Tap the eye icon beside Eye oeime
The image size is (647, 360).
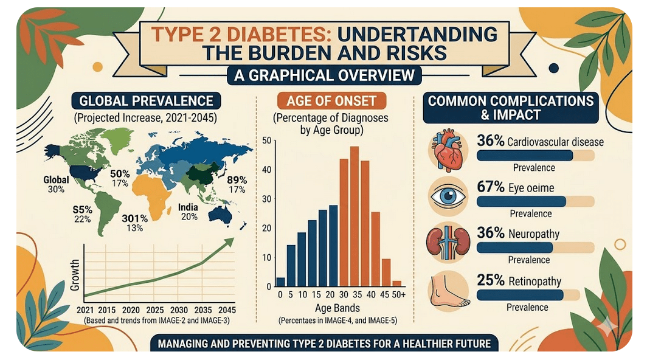point(448,196)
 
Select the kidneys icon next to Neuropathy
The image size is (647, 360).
point(448,244)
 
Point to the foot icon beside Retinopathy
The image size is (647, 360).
point(449,292)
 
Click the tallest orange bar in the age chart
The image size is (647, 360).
point(354,216)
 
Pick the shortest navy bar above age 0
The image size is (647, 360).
point(280,282)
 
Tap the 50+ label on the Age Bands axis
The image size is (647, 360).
point(399,295)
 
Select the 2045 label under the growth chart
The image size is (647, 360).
point(227,310)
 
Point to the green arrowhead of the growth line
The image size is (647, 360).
point(228,243)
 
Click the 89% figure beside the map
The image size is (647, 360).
point(237,181)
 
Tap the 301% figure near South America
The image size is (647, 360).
point(134,218)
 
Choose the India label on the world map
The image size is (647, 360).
point(188,207)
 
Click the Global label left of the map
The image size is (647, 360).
point(56,179)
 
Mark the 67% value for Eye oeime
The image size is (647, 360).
point(491,187)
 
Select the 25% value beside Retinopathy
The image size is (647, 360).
point(491,280)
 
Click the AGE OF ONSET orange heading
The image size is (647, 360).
point(331,101)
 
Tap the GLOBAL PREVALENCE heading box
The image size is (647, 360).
point(146,101)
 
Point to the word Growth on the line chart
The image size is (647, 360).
point(75,275)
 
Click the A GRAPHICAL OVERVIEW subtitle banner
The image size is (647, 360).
point(324,75)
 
